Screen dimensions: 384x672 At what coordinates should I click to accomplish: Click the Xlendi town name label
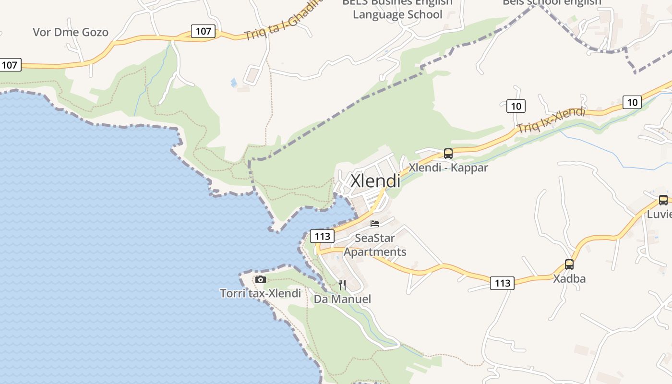click(375, 181)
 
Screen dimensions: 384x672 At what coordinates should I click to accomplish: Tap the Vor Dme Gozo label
click(71, 32)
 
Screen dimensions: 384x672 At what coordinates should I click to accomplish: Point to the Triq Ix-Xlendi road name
click(551, 120)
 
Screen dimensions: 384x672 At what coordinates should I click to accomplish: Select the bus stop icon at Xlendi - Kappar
click(448, 154)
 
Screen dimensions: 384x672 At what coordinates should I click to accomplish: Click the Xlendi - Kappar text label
click(448, 168)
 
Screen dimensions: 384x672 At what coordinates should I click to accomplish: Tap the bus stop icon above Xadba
click(569, 264)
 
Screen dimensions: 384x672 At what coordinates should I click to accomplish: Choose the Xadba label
click(569, 278)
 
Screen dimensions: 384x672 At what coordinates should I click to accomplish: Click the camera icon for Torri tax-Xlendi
click(261, 279)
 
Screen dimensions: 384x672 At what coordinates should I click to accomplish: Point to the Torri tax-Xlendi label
click(260, 293)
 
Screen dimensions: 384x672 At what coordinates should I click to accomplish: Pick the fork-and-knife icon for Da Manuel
click(342, 285)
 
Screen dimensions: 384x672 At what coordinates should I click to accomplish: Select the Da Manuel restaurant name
click(342, 299)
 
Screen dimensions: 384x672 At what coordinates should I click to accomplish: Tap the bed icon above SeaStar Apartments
click(375, 224)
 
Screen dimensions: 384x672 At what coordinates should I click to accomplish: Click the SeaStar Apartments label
click(375, 245)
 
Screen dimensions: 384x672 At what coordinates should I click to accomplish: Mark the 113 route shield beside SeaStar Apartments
click(322, 236)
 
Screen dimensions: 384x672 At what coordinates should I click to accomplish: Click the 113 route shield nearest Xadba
click(502, 283)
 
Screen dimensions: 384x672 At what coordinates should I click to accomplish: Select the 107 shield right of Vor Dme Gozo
click(204, 31)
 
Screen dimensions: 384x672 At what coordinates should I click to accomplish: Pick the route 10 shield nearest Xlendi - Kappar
click(516, 106)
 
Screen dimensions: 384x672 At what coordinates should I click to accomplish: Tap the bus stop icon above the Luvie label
click(663, 200)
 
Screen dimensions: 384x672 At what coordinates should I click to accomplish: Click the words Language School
click(397, 14)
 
